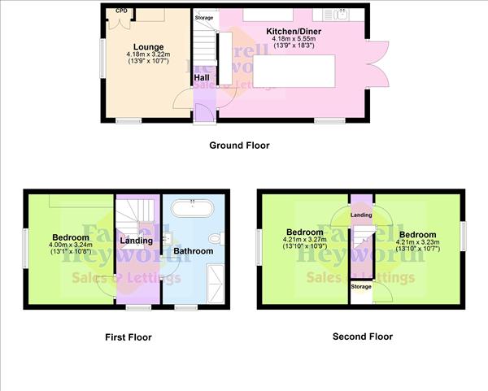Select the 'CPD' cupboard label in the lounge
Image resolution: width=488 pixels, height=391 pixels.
click(x=122, y=11)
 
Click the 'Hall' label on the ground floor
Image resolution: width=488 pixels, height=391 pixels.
click(x=202, y=78)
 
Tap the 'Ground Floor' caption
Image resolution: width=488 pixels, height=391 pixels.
click(x=238, y=146)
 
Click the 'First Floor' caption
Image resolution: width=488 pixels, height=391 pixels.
click(x=128, y=337)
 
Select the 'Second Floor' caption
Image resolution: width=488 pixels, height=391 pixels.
click(x=362, y=336)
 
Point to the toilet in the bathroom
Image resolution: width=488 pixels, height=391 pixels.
click(x=215, y=239)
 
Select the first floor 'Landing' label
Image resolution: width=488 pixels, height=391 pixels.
click(x=135, y=241)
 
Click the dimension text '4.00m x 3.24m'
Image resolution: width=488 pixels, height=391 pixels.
click(x=72, y=245)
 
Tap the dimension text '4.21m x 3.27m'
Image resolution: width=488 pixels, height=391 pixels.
click(x=303, y=240)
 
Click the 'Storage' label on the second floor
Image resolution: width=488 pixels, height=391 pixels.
click(x=361, y=287)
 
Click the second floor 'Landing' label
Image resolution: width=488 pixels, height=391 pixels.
click(x=361, y=215)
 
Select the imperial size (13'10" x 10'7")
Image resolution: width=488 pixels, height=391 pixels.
click(x=417, y=247)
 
